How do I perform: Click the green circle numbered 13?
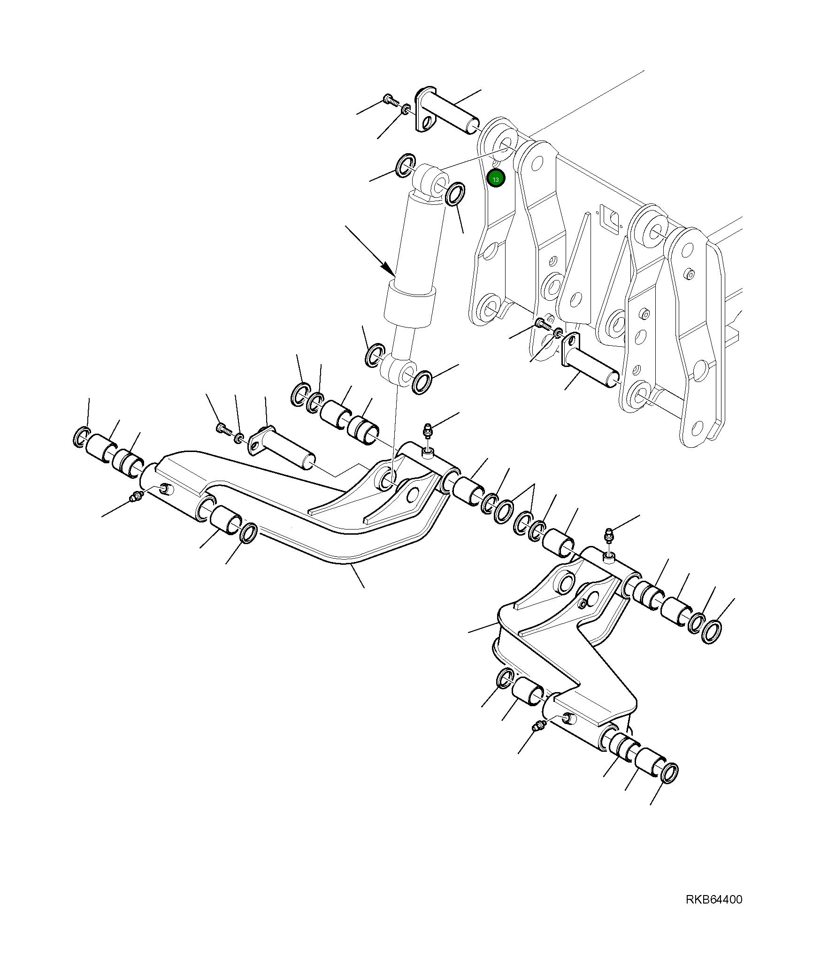496,179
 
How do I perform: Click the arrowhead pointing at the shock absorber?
389,271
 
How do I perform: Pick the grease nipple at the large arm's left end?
137,496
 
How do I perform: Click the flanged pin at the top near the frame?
446,113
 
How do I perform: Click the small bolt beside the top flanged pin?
390,99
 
